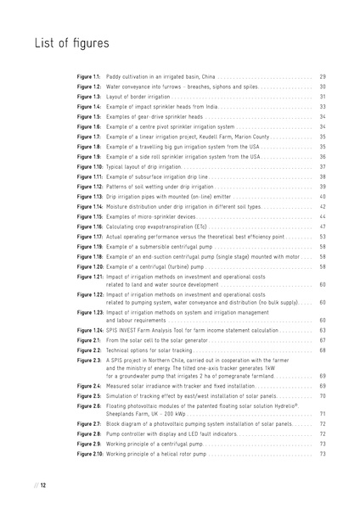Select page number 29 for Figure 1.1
click(x=323, y=76)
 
